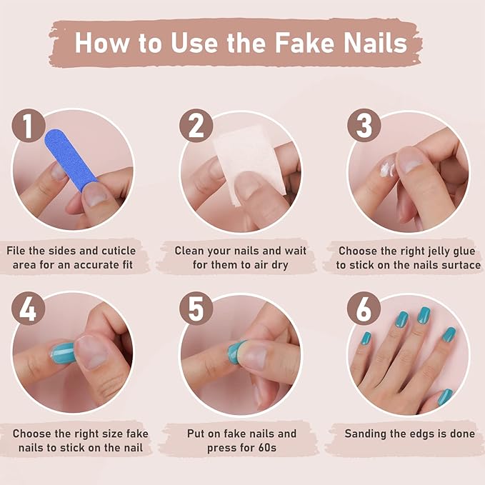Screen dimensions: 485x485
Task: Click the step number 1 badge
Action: click(28, 127)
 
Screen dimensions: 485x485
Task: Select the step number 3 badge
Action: click(364, 126)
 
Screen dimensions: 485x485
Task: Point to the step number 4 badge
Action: click(28, 309)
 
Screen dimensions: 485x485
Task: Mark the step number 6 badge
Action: click(364, 309)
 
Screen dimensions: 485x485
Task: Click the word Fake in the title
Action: click(301, 42)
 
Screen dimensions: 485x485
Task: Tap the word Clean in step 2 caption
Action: click(191, 251)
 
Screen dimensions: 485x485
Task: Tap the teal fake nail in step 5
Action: click(235, 351)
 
